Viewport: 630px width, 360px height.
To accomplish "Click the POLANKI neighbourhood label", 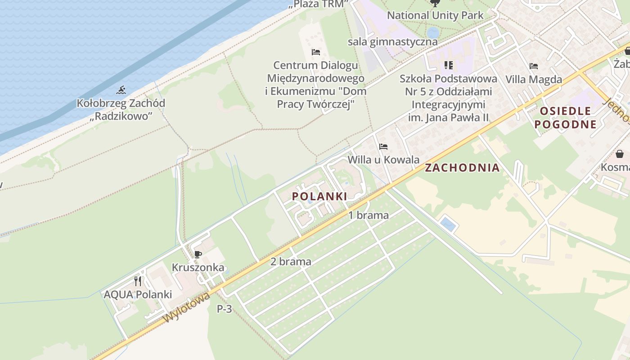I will [x=319, y=196].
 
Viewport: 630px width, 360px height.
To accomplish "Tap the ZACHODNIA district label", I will [x=463, y=168].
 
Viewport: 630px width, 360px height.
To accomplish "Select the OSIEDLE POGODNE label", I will [x=566, y=118].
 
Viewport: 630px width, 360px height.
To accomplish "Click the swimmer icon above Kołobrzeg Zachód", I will [x=121, y=90].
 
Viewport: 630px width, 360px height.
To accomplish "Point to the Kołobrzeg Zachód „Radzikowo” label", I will [x=121, y=109].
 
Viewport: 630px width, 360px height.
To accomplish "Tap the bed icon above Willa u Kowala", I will [x=383, y=147].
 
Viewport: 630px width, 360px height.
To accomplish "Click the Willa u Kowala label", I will [x=383, y=160].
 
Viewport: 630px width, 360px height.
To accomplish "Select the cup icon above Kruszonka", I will [x=198, y=255].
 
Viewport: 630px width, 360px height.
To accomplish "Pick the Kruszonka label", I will [x=198, y=267].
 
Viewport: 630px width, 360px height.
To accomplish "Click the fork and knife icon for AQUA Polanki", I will [x=138, y=282].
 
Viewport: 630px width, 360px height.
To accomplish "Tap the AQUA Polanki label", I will [x=138, y=295].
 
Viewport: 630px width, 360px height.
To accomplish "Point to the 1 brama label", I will [x=369, y=215].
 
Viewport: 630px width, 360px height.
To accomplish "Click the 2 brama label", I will [x=291, y=261].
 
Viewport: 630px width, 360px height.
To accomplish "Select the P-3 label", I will [x=225, y=309].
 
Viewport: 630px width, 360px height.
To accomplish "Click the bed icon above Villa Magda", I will [x=534, y=66].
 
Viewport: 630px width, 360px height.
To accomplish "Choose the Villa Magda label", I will [x=534, y=80].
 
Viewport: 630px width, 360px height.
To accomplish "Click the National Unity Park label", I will [x=435, y=15].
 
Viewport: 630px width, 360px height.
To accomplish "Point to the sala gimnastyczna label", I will [x=392, y=42].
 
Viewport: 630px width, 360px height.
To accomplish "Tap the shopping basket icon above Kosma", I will [x=620, y=154].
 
